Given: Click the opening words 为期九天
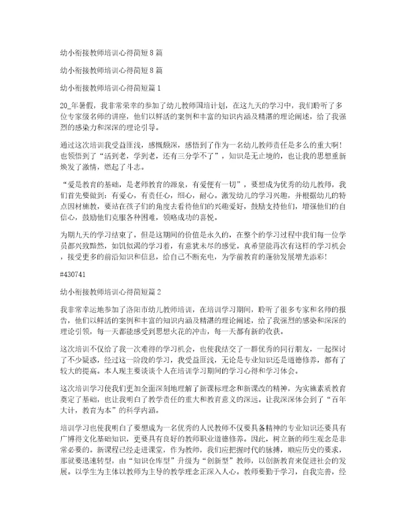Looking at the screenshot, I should pos(74,234).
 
